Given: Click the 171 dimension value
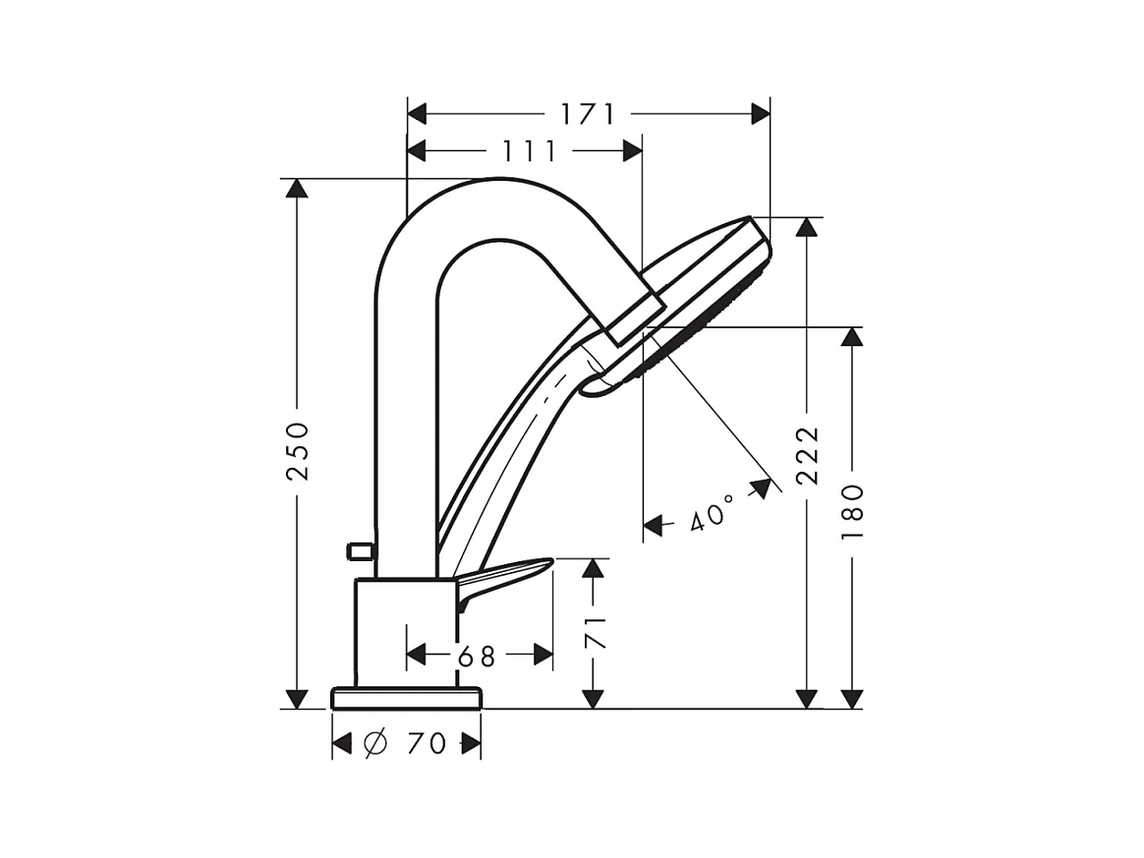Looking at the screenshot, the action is point(588,114).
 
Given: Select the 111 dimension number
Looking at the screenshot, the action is point(530,151).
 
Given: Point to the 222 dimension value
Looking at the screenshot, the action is point(807,455).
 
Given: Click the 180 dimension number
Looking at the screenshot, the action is point(852,511).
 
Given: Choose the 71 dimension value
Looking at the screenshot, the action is point(594,633).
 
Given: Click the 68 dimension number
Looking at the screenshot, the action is point(476,656).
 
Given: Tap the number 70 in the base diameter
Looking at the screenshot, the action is point(426,744).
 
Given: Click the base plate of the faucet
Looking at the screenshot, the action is point(406,698).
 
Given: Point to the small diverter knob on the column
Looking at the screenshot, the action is point(360,551).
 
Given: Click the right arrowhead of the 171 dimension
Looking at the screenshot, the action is point(761,114).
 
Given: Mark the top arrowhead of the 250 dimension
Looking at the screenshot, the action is point(297,187).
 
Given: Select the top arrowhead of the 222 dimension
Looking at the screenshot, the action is point(807,226).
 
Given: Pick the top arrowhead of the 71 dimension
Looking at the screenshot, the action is point(593,568).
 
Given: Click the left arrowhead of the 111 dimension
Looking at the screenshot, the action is point(417,151).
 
